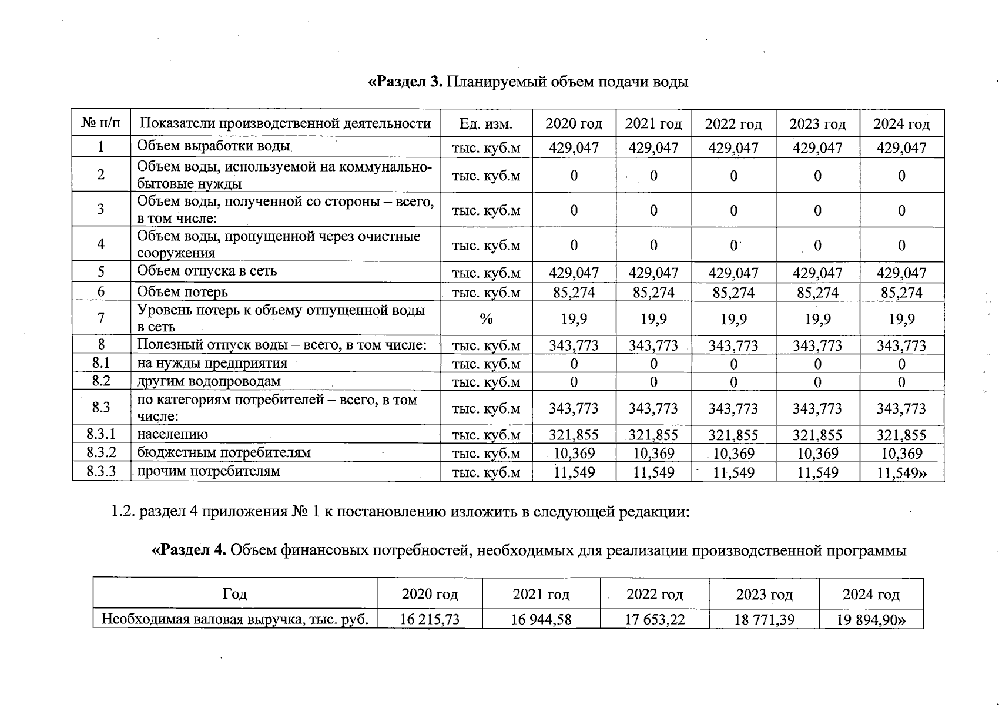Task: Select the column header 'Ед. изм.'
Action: click(x=486, y=124)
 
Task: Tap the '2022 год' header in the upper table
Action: click(x=733, y=124)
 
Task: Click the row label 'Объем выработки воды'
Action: click(x=214, y=146)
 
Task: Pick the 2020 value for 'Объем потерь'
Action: click(x=574, y=292)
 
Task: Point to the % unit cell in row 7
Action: click(x=486, y=318)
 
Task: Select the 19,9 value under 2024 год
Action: click(x=901, y=318)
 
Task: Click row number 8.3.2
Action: click(x=101, y=452)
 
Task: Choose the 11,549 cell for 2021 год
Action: click(x=653, y=472)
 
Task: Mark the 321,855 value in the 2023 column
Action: click(x=817, y=435)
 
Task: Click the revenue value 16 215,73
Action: click(x=430, y=619)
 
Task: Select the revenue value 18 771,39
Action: click(x=764, y=619)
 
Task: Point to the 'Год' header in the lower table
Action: click(x=235, y=594)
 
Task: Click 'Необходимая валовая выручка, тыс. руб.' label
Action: click(x=235, y=619)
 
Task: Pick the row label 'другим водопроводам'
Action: click(x=209, y=381)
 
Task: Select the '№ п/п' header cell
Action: click(x=101, y=124)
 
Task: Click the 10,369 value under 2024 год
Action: click(x=901, y=453)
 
